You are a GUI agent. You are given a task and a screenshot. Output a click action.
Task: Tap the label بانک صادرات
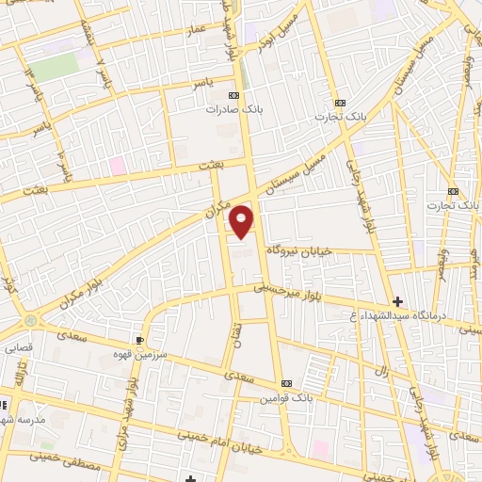click(233, 108)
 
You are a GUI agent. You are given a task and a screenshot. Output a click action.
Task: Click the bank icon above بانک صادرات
click(233, 95)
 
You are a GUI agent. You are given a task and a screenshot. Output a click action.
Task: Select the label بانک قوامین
click(286, 396)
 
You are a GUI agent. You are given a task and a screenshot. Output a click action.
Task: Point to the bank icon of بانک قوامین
click(286, 383)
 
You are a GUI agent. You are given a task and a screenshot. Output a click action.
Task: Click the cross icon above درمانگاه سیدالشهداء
click(398, 302)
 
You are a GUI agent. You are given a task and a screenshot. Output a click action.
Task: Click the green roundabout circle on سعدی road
click(32, 320)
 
